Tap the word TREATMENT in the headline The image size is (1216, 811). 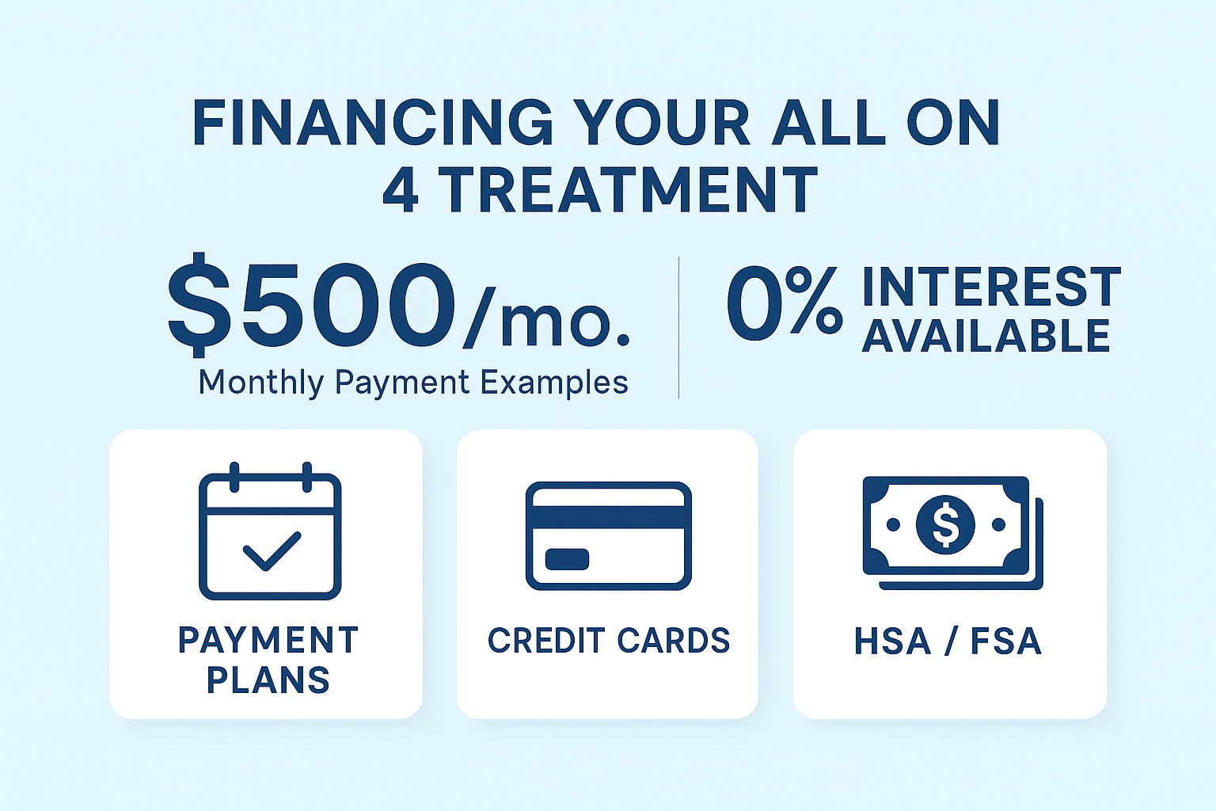coord(629,191)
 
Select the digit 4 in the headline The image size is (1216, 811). coord(401,191)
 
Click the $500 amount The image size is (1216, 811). coord(312,306)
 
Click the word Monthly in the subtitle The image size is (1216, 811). coord(261,383)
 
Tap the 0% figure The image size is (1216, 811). coord(784,303)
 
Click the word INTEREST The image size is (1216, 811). coord(991,287)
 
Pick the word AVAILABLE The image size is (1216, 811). coord(986,337)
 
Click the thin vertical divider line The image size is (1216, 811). coord(679,327)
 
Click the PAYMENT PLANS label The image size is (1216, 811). coord(268,660)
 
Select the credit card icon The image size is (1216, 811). coord(608,535)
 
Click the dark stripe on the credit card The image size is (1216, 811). coord(608,517)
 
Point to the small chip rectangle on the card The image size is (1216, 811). coord(567,559)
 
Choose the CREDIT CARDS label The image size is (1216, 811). coord(608,641)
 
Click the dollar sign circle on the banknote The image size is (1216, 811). coord(945,524)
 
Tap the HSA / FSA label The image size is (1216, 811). coord(948,642)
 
